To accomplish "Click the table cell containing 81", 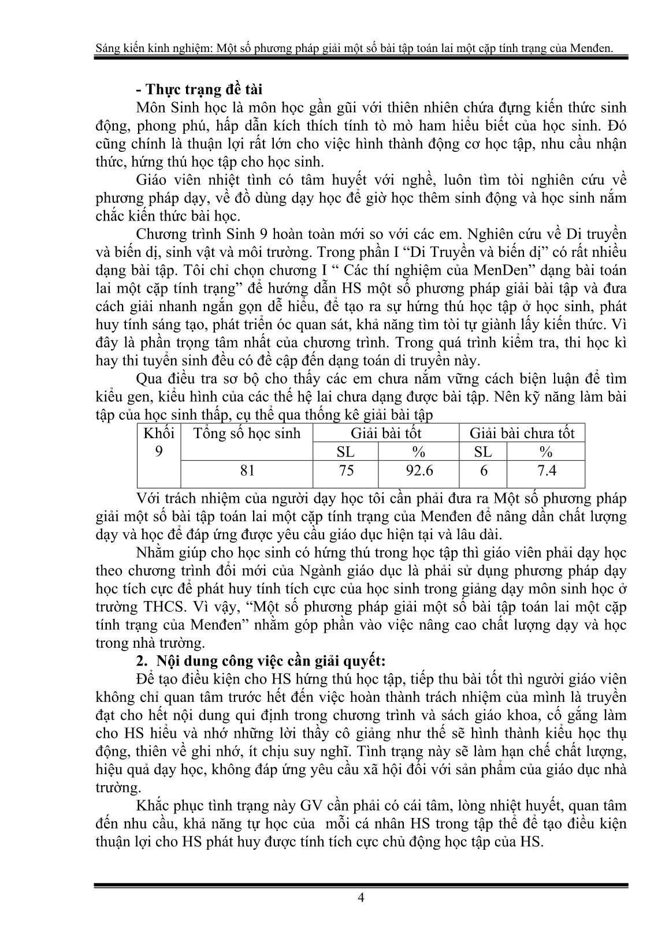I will point(247,470).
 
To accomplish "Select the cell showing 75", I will point(345,470).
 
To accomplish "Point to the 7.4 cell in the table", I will point(546,470).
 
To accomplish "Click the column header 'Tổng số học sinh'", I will point(247,433).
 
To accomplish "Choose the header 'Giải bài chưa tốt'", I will point(522,433).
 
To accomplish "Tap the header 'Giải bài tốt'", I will point(386,433).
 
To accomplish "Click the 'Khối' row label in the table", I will point(158,433).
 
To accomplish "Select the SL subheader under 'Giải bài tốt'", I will point(345,451).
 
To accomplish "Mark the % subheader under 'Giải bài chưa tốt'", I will point(546,451).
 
